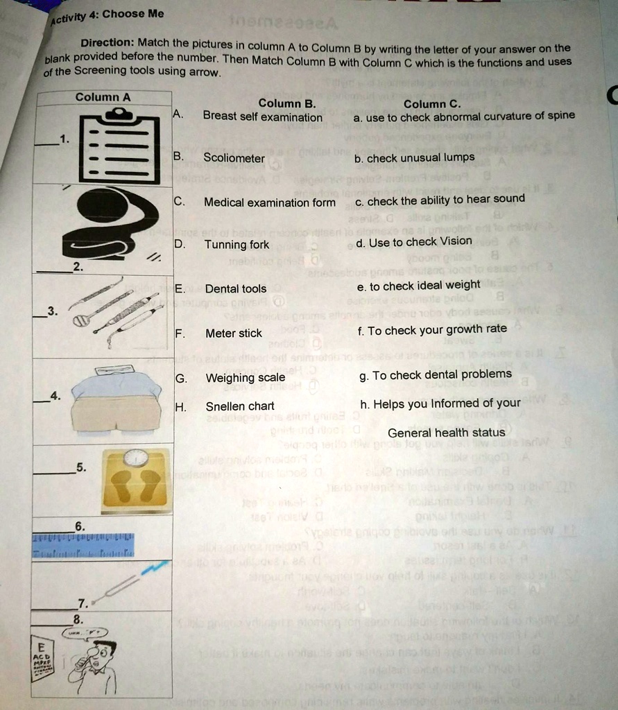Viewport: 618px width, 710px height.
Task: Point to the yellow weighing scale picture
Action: pos(136,478)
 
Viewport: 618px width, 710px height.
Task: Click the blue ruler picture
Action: pos(83,546)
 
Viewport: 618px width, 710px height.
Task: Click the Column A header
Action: pos(103,97)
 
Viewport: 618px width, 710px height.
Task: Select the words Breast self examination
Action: pos(262,117)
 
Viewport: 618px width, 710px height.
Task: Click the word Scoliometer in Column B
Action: pos(234,158)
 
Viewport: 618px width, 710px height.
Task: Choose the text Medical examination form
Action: pos(269,202)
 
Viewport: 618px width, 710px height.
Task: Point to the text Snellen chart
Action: pos(240,406)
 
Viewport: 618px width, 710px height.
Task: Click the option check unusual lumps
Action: pos(414,158)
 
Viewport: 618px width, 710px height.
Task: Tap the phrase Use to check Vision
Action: pos(414,242)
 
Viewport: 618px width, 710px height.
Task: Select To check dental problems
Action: pos(436,375)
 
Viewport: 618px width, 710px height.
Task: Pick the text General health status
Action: pos(446,433)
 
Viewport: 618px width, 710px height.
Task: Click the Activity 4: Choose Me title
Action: pos(106,16)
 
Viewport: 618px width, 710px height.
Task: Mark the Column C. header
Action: pos(432,104)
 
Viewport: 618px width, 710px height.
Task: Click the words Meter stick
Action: pos(234,334)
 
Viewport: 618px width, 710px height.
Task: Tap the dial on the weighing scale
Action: pos(137,458)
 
